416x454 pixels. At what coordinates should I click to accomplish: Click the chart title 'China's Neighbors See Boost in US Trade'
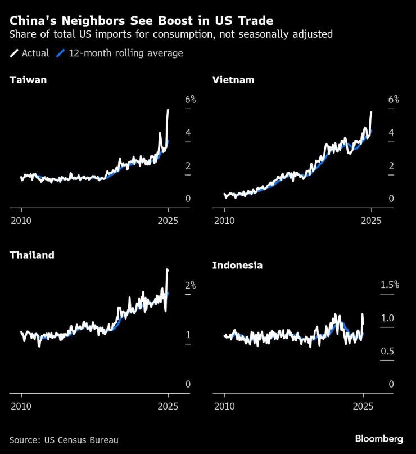coord(141,21)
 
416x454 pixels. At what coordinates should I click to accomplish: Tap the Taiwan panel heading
coord(28,80)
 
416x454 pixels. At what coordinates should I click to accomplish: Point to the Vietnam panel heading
coord(233,80)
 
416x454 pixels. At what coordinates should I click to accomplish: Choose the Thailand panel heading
coord(32,255)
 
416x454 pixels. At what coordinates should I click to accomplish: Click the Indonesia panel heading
coord(237,266)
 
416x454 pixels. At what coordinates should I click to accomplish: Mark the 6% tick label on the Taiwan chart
coord(190,100)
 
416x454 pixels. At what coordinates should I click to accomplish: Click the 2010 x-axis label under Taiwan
coord(21,220)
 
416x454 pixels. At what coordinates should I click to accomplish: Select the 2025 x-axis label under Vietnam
coord(371,220)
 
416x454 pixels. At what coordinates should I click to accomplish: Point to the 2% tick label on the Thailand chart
coord(190,286)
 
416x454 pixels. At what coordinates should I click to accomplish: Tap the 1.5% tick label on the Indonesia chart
coord(389,285)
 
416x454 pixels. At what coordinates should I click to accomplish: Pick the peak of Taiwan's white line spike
coord(168,110)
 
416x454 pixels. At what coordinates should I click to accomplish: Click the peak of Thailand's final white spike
coord(167,271)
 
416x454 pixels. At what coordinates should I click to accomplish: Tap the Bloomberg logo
coord(378,439)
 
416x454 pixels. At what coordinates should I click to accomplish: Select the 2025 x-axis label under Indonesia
coord(364,406)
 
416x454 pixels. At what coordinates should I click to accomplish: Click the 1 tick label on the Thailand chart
coord(188,335)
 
